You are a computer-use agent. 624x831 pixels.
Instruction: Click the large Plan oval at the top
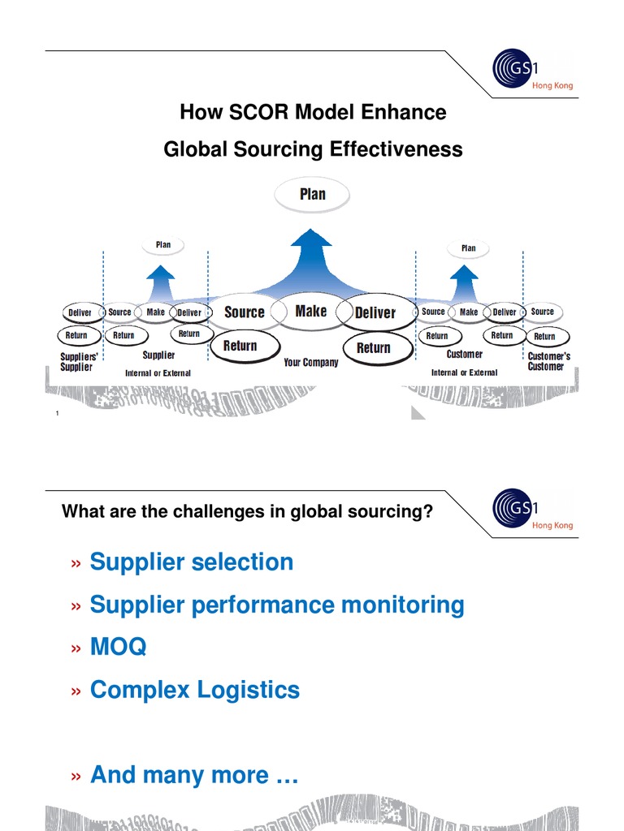(312, 194)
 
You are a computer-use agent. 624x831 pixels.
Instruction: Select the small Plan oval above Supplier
(163, 244)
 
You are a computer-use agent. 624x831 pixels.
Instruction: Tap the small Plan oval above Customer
(468, 248)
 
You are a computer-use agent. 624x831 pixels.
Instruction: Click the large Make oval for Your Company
(311, 311)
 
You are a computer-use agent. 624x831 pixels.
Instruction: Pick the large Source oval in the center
(244, 312)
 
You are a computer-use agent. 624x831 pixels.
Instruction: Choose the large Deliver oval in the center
(375, 312)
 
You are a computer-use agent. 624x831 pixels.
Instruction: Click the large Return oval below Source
(240, 346)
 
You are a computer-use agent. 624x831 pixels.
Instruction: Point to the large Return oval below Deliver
(373, 347)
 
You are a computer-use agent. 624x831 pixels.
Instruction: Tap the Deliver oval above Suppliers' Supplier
(80, 312)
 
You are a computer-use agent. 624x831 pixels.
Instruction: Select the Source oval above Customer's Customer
(542, 312)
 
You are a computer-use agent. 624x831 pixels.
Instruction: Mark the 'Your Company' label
(310, 363)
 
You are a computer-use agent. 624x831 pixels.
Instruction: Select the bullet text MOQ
(119, 647)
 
